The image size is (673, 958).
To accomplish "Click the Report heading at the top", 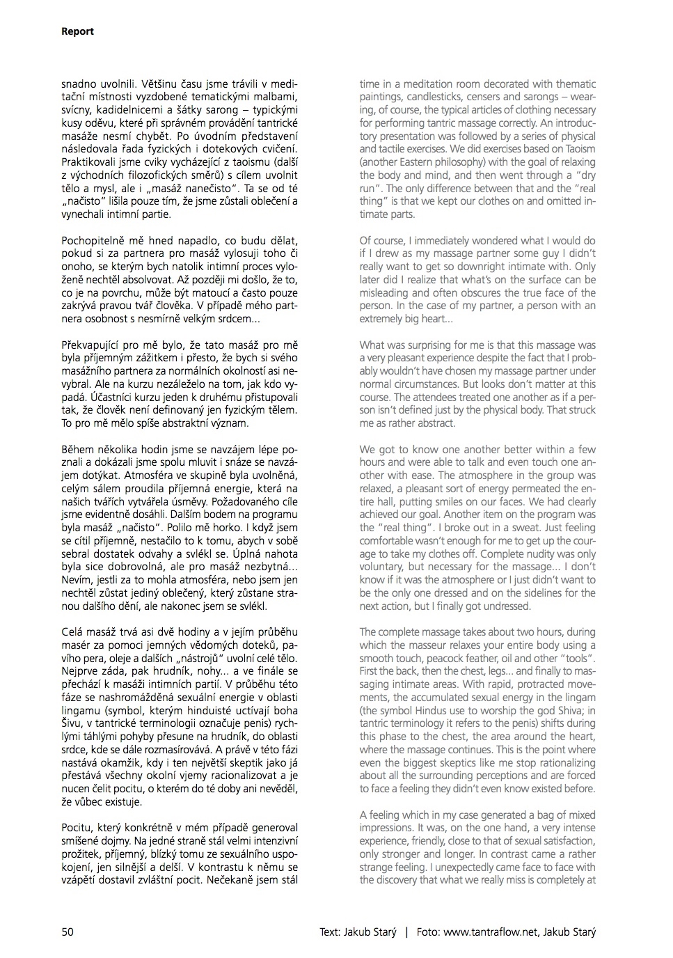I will [x=77, y=31].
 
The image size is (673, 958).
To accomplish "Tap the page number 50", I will [x=68, y=932].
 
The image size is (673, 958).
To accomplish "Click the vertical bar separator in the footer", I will [x=406, y=932].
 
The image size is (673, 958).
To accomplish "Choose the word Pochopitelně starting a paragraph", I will [x=95, y=240].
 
